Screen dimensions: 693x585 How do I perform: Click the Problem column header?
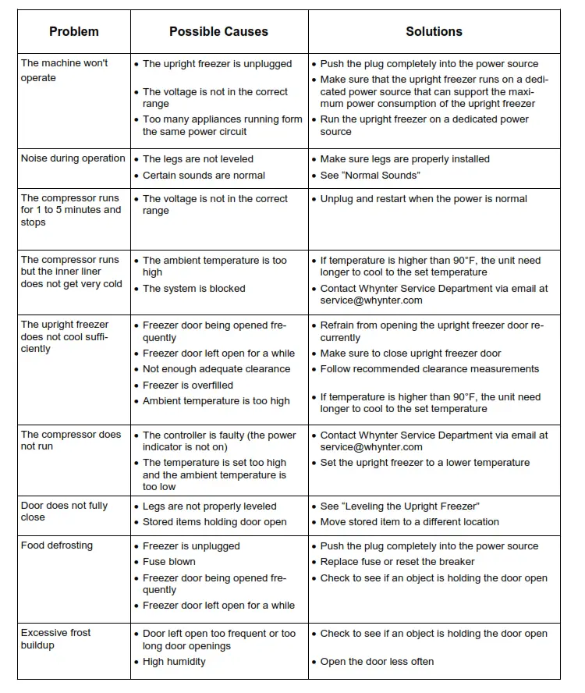(74, 32)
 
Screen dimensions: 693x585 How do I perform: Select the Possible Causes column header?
(218, 32)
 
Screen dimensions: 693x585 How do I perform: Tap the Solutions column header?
(434, 32)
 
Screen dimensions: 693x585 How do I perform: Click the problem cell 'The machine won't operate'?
(65, 70)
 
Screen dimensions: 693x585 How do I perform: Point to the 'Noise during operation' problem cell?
(73, 158)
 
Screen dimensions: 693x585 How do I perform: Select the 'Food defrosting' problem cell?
(57, 546)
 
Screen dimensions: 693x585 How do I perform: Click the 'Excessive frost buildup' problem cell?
(55, 639)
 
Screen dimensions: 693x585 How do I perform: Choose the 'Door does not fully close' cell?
(64, 511)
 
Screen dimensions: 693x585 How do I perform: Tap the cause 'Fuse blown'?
(169, 562)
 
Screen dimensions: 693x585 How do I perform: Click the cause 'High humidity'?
(174, 662)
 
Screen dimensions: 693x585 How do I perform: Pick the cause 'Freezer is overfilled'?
(188, 385)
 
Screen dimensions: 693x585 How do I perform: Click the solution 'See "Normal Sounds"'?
(370, 176)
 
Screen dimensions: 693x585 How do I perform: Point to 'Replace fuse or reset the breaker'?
(398, 562)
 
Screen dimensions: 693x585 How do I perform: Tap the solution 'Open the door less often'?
(378, 662)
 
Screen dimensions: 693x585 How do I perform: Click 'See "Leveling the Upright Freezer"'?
(400, 506)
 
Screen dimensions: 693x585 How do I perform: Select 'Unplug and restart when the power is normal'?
(424, 199)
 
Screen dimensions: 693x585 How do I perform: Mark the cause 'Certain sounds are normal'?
(204, 176)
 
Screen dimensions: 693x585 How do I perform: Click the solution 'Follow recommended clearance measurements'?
(430, 369)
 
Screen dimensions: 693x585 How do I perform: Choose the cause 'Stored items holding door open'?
(214, 522)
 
